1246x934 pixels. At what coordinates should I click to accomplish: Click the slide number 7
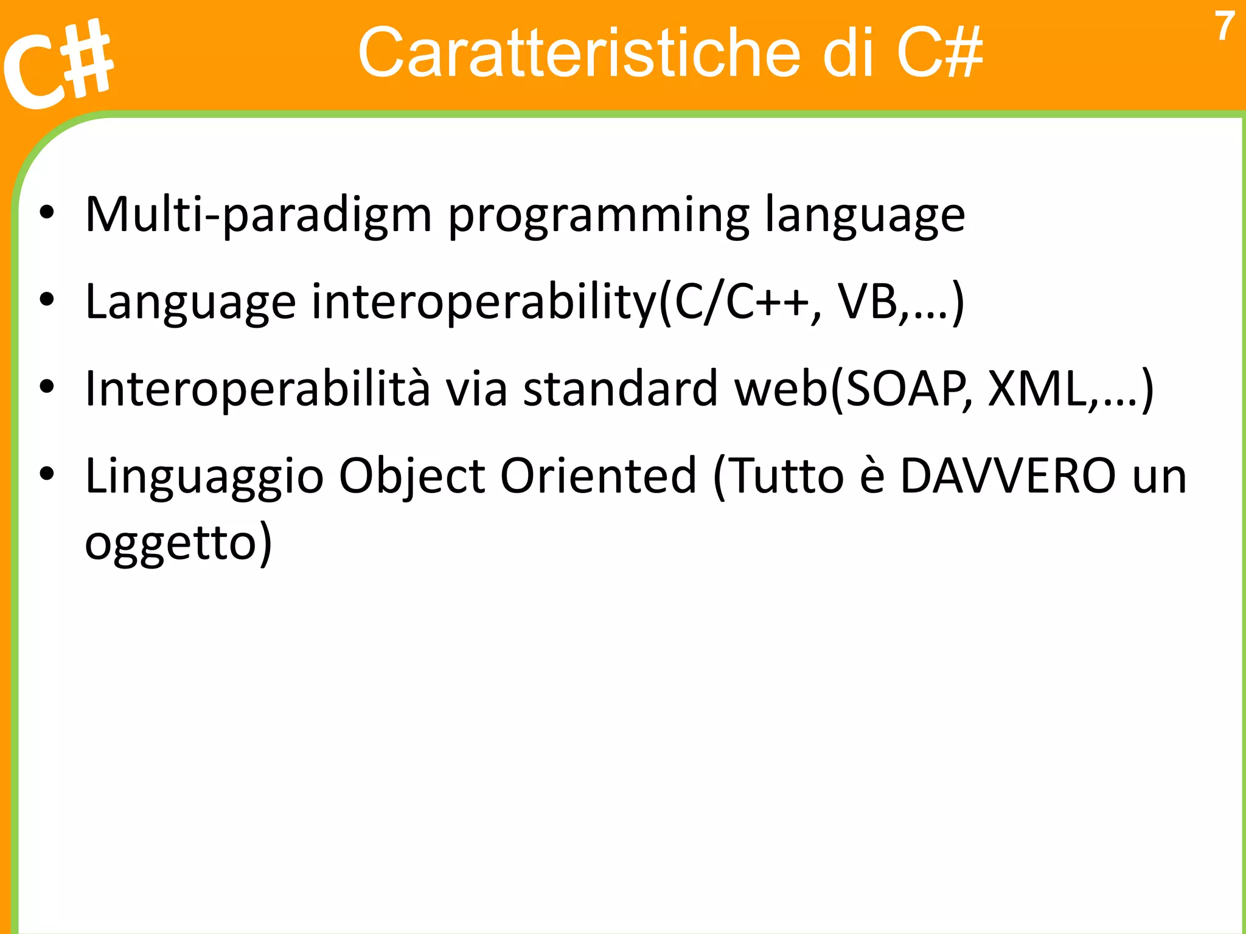[1224, 27]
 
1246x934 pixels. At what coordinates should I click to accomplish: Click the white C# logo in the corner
[58, 64]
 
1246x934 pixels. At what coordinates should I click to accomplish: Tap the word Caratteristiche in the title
[578, 53]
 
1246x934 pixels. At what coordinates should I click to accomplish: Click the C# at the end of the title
[939, 53]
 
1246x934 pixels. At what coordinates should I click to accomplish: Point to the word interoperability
[484, 302]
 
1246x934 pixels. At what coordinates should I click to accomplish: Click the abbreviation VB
[868, 302]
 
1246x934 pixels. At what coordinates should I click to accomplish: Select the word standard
[621, 389]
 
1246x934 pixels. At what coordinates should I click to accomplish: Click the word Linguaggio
[204, 476]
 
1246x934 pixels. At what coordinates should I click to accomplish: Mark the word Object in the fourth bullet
[411, 476]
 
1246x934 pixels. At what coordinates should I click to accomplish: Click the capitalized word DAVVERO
[1008, 476]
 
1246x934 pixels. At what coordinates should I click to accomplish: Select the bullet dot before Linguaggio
[47, 474]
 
